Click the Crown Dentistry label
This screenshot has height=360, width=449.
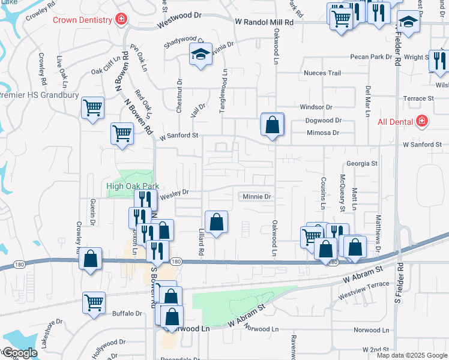pos(83,20)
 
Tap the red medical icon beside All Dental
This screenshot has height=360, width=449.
pos(422,122)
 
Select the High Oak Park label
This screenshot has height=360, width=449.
pos(128,186)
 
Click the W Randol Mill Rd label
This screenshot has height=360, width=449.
pos(265,22)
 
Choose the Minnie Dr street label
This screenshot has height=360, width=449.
pos(257,196)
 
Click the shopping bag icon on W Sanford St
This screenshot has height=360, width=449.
pos(272,125)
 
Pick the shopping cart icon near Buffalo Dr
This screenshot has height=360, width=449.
pos(94,302)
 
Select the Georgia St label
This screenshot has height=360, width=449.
pos(361,163)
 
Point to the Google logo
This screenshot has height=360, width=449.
pos(19,353)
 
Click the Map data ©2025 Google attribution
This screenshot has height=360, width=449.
pos(411,355)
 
